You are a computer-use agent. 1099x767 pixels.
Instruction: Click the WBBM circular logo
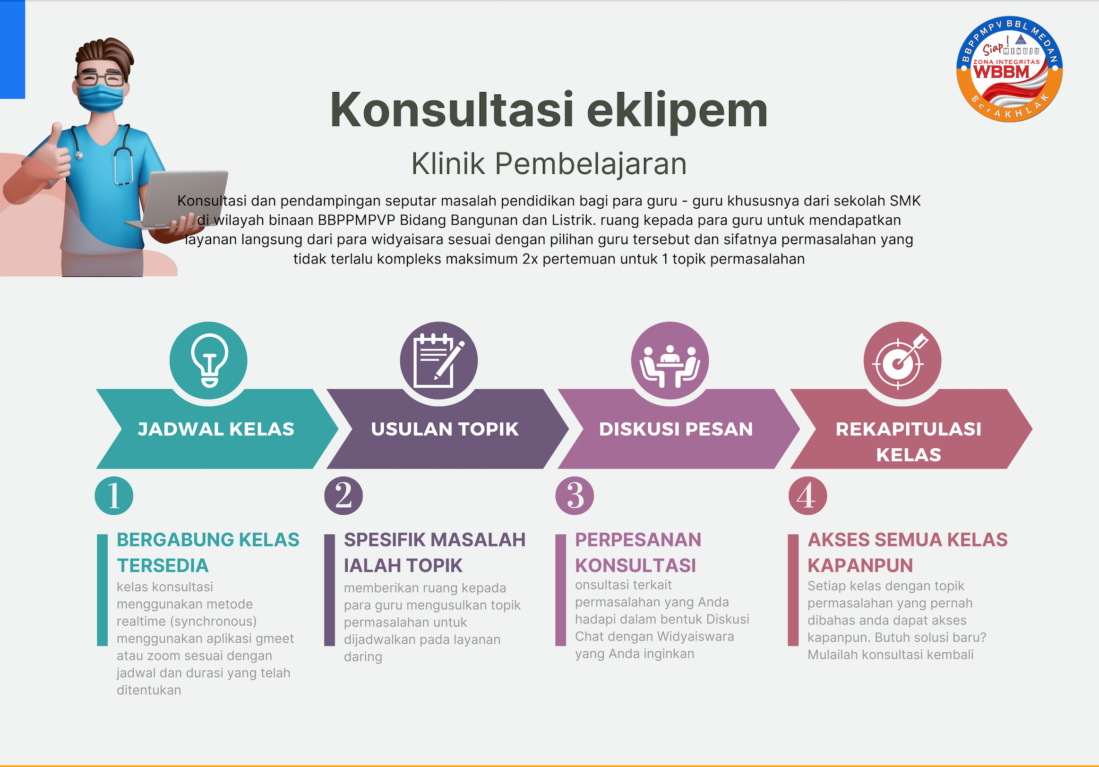(1009, 69)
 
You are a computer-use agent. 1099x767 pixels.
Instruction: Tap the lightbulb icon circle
(208, 360)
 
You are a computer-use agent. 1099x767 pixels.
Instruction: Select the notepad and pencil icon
(438, 360)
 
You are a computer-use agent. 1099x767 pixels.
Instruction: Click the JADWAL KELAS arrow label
(216, 429)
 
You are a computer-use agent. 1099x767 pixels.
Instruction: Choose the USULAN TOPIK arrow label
(445, 429)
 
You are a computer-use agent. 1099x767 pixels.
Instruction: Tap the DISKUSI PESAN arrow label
(676, 429)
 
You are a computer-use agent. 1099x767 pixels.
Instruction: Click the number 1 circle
(114, 496)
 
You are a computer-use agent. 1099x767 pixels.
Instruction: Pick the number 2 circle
(343, 496)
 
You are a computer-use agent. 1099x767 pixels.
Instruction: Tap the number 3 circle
(575, 496)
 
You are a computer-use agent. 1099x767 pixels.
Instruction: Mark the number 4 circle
(807, 496)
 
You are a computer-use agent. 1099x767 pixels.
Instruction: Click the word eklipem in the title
(677, 111)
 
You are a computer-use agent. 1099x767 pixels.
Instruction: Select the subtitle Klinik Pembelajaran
(549, 163)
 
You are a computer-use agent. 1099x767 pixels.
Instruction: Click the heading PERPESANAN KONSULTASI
(638, 553)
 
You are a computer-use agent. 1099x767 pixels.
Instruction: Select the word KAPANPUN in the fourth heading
(860, 565)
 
